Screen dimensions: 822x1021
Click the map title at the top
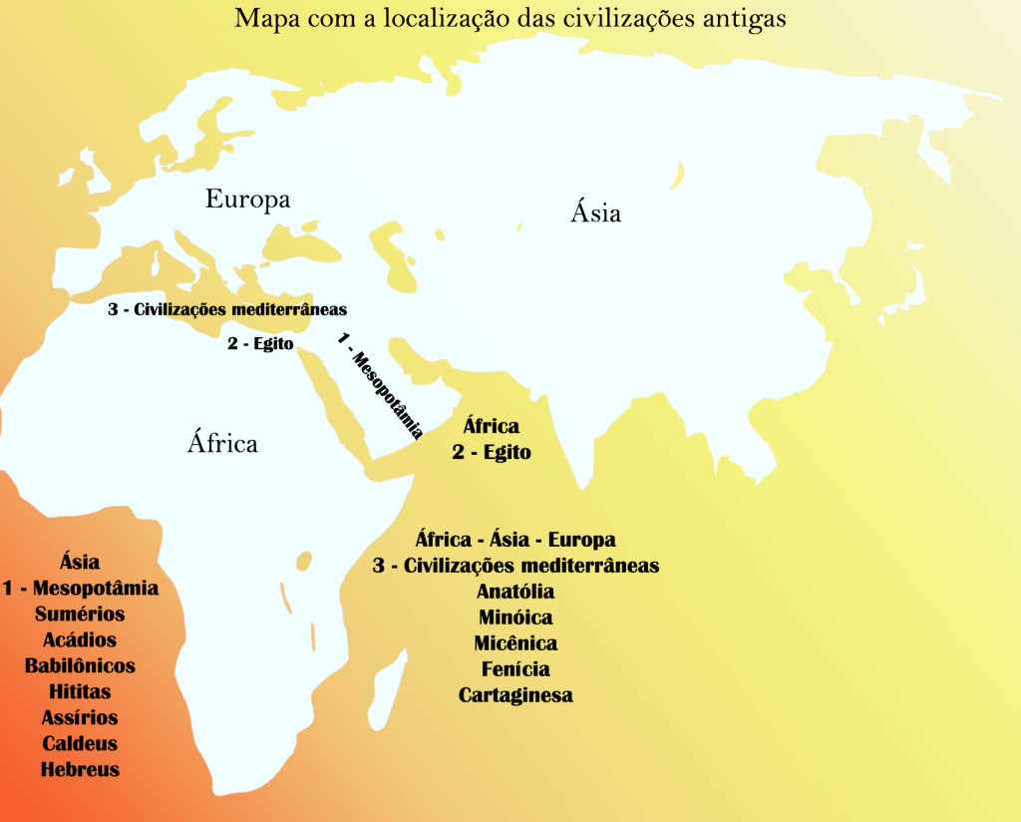tap(510, 19)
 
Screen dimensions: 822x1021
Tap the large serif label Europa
tap(247, 200)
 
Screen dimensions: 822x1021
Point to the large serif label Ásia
tap(596, 212)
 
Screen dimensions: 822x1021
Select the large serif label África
tap(222, 443)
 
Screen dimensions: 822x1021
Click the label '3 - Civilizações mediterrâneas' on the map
tap(227, 309)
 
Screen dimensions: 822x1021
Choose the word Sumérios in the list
tap(80, 615)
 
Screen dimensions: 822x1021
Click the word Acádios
tap(80, 640)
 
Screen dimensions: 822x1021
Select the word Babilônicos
tap(80, 665)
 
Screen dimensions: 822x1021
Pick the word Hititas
tap(80, 691)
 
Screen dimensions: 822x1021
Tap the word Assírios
tap(80, 717)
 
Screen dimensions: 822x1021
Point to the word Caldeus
tap(80, 743)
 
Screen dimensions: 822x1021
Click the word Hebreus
tap(80, 769)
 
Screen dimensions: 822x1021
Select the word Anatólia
tap(515, 592)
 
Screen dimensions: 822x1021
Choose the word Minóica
tap(515, 617)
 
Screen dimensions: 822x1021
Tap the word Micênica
tap(515, 643)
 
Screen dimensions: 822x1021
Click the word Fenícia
tap(515, 669)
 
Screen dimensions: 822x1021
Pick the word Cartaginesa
tap(515, 695)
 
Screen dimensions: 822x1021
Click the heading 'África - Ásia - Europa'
tap(515, 540)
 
